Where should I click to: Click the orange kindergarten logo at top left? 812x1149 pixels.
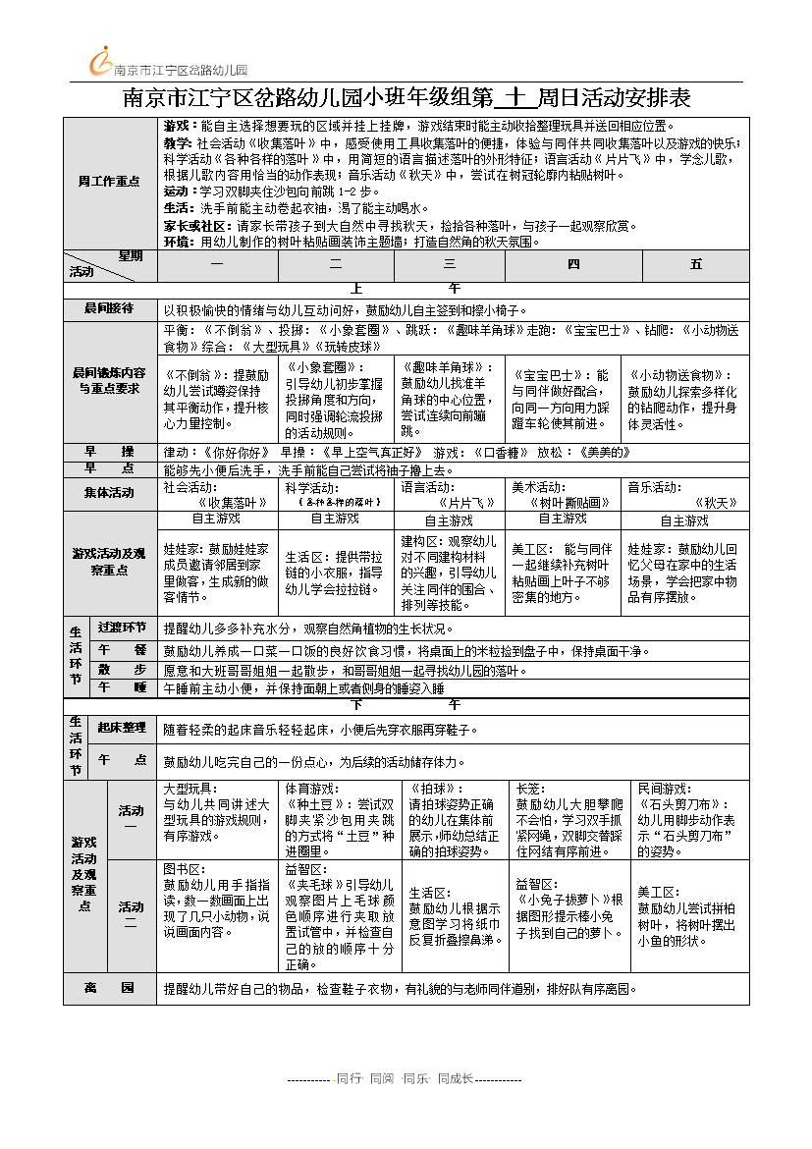coord(100,61)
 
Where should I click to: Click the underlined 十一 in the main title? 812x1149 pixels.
coord(517,98)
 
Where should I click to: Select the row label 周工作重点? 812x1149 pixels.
coord(109,182)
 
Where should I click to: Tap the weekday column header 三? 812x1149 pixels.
coord(450,265)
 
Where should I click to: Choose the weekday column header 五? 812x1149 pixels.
coord(696,265)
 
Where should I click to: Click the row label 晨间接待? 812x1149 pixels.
coord(109,308)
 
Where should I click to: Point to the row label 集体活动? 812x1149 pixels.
coord(109,493)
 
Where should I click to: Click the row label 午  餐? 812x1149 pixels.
coord(122,650)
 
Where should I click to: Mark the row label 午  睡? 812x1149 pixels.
coord(122,687)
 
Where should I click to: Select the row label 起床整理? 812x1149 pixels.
coord(122,728)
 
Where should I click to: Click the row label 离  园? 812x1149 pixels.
coord(109,988)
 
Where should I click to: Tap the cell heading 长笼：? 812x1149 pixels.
coord(530,789)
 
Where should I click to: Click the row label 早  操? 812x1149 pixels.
coord(109,452)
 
